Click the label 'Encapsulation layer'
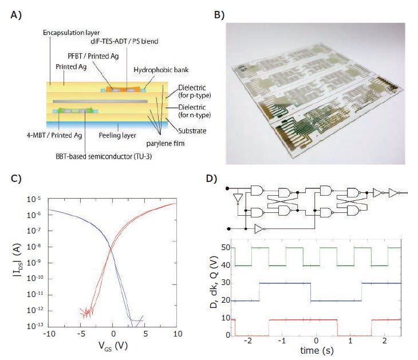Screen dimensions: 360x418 (69, 34)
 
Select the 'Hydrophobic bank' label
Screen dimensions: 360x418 (152, 69)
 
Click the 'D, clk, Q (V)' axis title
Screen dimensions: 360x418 (213, 289)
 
